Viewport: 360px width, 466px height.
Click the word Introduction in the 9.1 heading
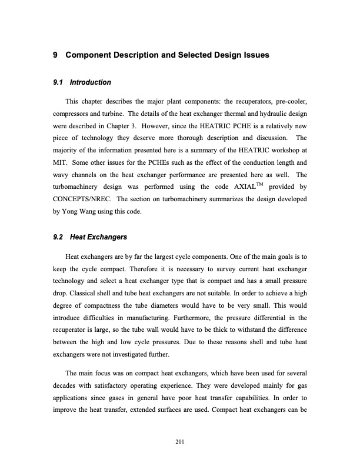click(x=91, y=82)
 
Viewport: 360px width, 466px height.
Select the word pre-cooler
click(x=291, y=104)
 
